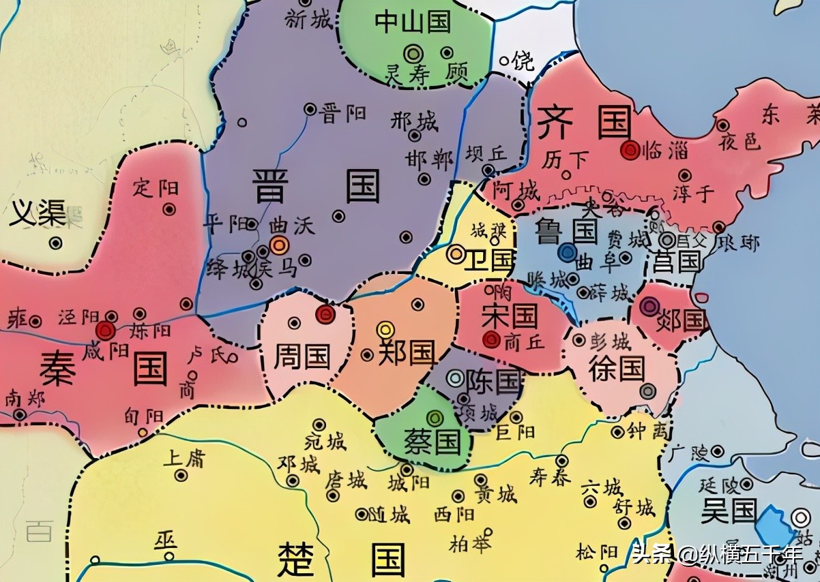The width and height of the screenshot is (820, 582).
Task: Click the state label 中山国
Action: pos(413,22)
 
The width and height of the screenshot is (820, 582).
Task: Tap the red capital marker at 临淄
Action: pos(630,150)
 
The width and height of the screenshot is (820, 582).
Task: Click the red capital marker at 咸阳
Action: pos(105,331)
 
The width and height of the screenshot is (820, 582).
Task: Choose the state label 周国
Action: pos(302,356)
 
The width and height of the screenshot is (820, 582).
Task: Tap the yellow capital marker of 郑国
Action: pos(386,330)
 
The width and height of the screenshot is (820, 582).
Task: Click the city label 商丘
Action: pos(525,343)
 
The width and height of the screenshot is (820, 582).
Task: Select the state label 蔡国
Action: pos(433,441)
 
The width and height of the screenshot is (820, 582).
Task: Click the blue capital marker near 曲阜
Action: pos(566,254)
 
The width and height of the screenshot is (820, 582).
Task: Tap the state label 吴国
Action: pos(729,510)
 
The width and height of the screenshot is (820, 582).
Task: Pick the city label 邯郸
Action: pos(429,160)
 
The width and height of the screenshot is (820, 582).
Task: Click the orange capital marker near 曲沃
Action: pos(279,245)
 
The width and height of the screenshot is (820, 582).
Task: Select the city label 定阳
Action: pos(156,187)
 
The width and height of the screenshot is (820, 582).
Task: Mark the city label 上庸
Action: pos(184,457)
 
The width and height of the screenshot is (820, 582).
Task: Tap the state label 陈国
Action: pos(493,381)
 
